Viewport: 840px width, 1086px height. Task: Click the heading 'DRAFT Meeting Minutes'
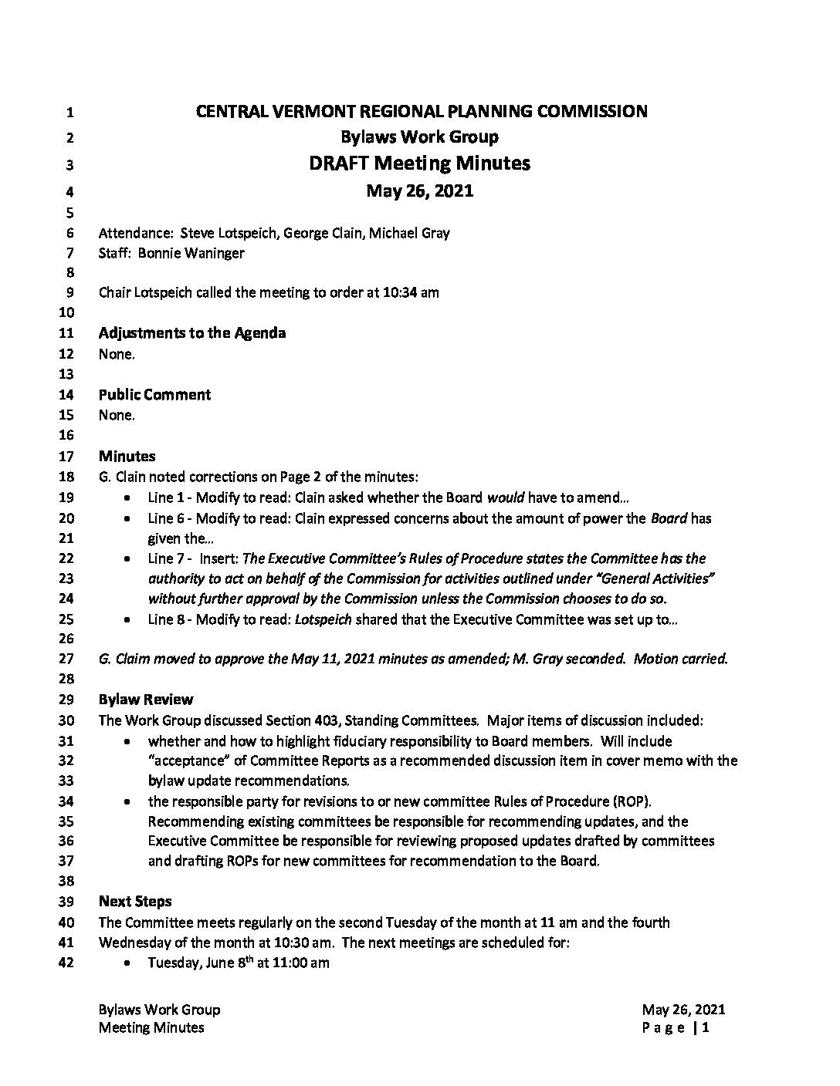tap(419, 164)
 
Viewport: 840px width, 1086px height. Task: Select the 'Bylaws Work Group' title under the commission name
tap(419, 137)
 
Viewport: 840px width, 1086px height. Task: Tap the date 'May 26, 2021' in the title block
tap(419, 191)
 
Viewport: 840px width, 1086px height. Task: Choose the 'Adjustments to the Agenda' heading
tap(192, 333)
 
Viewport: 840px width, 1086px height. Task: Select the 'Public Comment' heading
tap(154, 395)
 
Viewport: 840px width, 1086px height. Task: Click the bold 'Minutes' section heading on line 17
tap(127, 457)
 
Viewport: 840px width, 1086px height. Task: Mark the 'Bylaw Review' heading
tap(146, 700)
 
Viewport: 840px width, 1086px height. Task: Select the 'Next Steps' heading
tap(135, 902)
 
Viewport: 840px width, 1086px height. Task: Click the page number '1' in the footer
tap(706, 1028)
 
